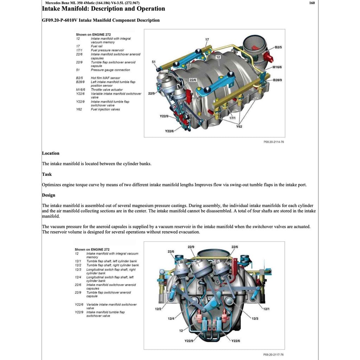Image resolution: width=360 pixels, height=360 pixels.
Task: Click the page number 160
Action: point(312,3)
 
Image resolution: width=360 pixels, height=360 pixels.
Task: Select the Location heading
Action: point(51,153)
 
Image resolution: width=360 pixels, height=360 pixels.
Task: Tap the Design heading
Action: point(49,195)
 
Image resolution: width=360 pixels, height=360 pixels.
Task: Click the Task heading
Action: point(47,174)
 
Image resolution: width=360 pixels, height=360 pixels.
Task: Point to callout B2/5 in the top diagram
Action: point(278,47)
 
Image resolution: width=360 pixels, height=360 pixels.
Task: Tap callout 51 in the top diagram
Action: point(154,62)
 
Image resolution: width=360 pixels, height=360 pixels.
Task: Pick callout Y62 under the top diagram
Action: point(239,126)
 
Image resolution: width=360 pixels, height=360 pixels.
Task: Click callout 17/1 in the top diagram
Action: point(232,118)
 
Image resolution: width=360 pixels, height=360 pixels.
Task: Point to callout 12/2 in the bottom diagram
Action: point(158,309)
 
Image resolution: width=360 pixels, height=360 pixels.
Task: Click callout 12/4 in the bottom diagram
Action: point(171,319)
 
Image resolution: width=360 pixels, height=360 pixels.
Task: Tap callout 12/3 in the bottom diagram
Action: point(255,319)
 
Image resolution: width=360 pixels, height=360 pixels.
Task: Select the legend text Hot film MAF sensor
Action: point(105,78)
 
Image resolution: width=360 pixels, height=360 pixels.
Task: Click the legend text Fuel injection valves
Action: point(105,109)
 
